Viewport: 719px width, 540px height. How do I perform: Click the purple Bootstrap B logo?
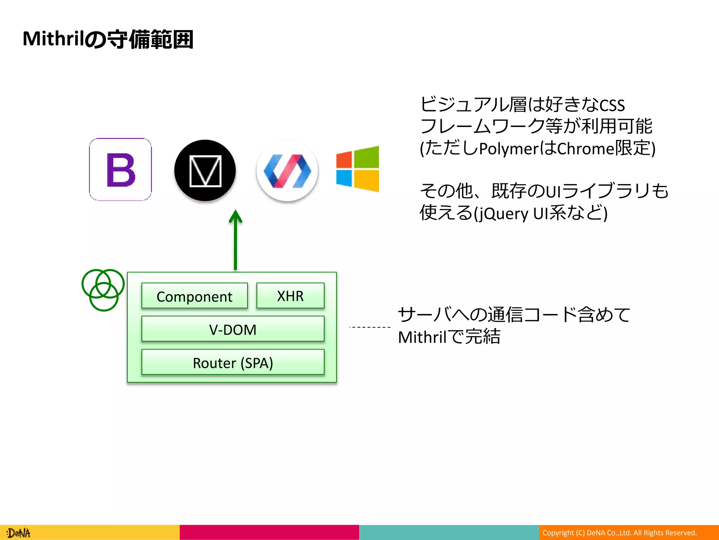click(120, 169)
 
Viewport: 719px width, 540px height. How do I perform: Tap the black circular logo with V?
click(205, 171)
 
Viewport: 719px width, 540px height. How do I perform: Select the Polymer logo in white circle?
click(287, 171)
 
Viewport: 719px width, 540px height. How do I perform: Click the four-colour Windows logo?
click(357, 169)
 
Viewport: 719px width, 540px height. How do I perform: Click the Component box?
click(194, 296)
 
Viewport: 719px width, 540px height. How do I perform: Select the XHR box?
click(290, 296)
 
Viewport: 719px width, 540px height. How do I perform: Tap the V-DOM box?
click(233, 329)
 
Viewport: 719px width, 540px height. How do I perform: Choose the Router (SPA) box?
click(233, 362)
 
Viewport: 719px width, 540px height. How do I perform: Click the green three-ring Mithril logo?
click(103, 290)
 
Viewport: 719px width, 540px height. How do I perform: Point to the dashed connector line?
click(370, 327)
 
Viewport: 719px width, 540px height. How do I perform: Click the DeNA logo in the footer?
click(19, 533)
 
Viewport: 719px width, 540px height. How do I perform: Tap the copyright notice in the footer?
click(619, 533)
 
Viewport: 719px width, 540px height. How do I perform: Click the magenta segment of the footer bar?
click(269, 533)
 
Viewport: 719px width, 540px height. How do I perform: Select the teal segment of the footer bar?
click(449, 533)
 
